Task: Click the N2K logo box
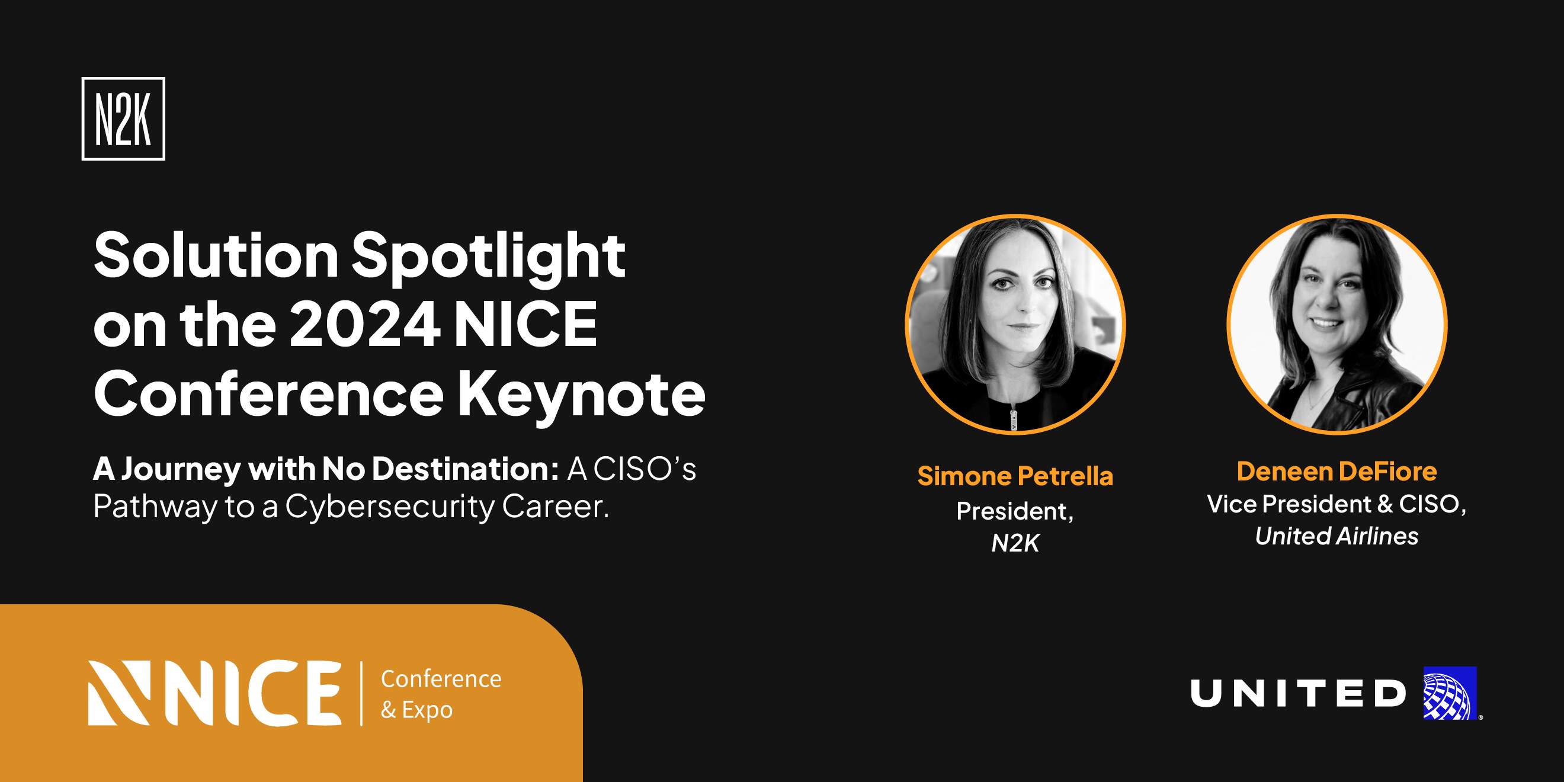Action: click(123, 119)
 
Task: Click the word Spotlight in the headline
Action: click(489, 258)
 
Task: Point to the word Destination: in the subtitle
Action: click(465, 469)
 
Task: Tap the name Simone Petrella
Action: click(1015, 476)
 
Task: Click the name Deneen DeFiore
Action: click(1337, 471)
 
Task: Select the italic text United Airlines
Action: click(1337, 536)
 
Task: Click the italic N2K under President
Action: click(1015, 543)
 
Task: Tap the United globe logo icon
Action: click(1450, 693)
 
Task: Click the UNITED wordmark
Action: click(1298, 693)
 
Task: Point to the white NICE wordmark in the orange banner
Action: click(215, 693)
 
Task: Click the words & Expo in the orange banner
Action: click(416, 710)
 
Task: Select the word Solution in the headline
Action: click(216, 255)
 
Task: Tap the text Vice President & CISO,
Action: click(1337, 504)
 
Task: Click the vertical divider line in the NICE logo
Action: click(361, 693)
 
